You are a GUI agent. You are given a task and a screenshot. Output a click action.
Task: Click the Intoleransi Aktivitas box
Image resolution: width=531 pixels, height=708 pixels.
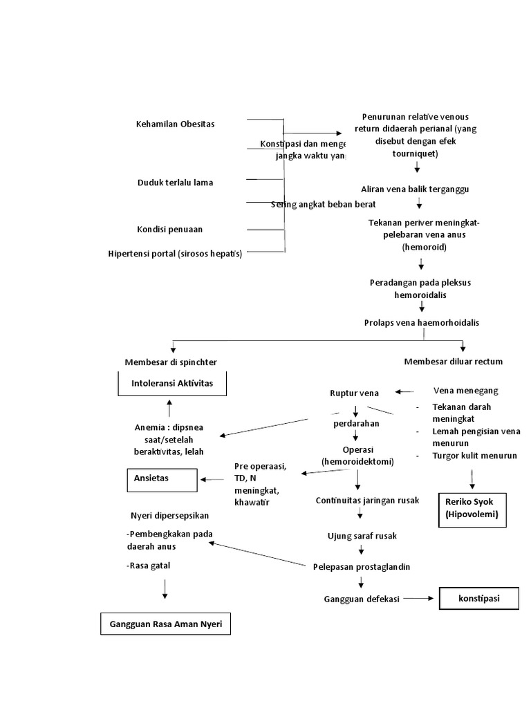pos(172,383)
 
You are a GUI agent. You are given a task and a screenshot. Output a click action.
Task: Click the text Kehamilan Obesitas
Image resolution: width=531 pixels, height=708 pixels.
pos(176,124)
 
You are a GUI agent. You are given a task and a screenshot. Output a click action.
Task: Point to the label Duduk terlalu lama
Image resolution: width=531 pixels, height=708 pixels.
pos(175,183)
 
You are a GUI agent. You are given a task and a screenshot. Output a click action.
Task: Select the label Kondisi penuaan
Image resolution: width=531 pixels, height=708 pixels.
pos(169,229)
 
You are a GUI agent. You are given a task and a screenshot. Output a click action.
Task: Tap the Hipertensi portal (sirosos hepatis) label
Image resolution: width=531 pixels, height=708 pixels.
pos(175,253)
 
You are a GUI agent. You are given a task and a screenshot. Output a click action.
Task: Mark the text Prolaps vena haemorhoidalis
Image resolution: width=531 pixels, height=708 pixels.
pos(421,322)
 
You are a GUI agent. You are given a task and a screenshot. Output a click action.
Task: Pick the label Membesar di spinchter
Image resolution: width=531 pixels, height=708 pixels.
pos(175,362)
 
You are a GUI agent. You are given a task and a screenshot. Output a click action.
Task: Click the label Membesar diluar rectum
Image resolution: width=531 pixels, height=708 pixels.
pos(453,361)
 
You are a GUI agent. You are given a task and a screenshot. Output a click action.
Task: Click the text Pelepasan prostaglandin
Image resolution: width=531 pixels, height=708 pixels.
pos(362,566)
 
